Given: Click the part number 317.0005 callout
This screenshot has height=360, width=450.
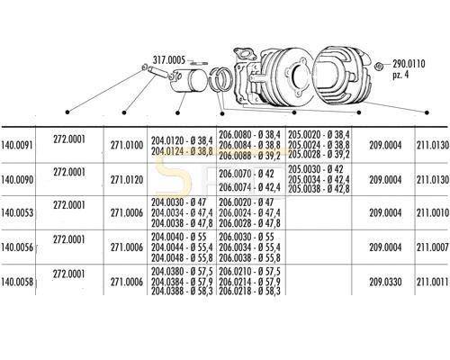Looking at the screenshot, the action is tap(169, 60).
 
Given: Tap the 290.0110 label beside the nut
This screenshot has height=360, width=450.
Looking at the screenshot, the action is tap(409, 64).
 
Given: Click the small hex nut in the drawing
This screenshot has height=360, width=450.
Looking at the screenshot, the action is tap(379, 66).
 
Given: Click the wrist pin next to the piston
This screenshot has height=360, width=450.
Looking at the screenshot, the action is tap(157, 72).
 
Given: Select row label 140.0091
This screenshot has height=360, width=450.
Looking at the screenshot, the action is tap(17, 145).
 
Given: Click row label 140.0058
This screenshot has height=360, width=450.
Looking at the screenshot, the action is tap(17, 282).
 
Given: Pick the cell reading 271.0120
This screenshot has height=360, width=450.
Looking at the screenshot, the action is tap(127, 180).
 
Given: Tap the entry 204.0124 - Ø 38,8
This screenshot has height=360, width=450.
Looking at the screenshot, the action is tap(182, 151).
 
